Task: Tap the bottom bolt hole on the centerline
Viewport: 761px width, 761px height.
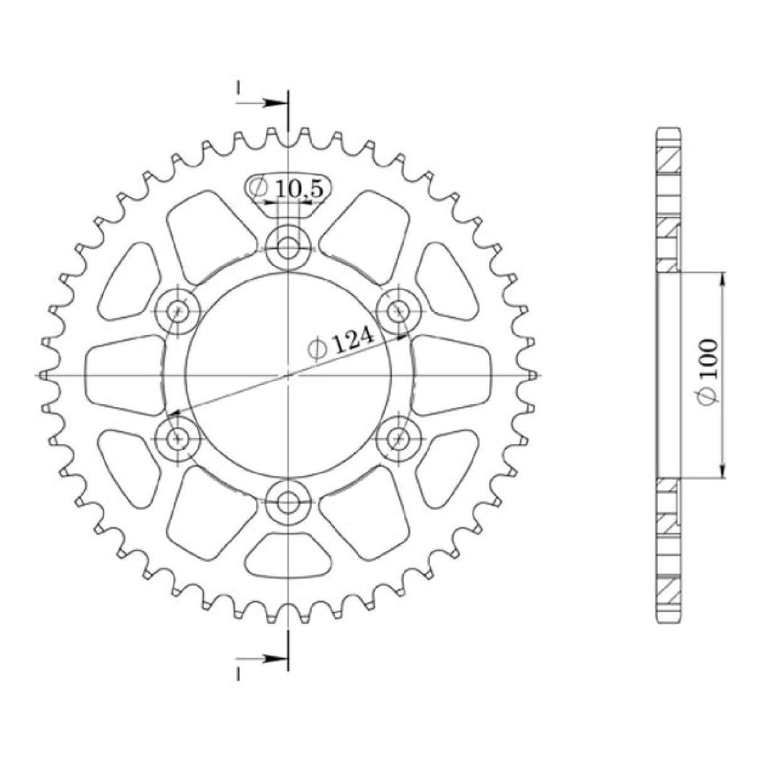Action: (288, 501)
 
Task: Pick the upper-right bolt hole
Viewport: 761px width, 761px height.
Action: (397, 310)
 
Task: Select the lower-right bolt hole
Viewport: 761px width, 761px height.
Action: (397, 438)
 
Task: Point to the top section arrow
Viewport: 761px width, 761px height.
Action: (270, 103)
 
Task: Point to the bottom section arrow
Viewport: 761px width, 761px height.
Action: (270, 658)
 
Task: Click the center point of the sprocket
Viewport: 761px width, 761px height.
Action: (288, 375)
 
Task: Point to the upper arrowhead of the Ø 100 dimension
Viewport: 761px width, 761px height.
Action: (723, 279)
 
